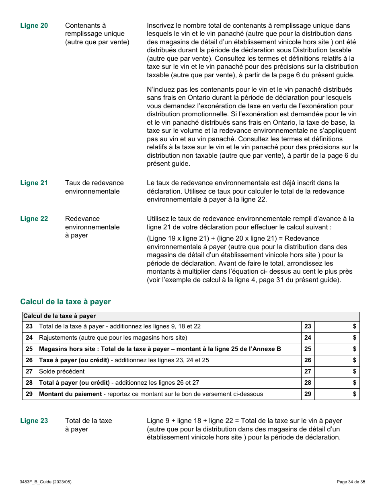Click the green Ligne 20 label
pyautogui.click(x=34, y=26)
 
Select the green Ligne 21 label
pyautogui.click(x=34, y=183)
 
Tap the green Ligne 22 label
pyautogui.click(x=34, y=219)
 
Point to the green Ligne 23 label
pyautogui.click(x=34, y=421)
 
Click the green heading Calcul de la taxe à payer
pyautogui.click(x=66, y=302)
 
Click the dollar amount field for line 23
pyautogui.click(x=337, y=327)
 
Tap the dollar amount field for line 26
pyautogui.click(x=337, y=361)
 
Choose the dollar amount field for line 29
pyautogui.click(x=337, y=394)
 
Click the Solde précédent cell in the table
pyautogui.click(x=62, y=372)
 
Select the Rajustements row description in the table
pyautogui.click(x=113, y=338)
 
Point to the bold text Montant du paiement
pyautogui.click(x=70, y=394)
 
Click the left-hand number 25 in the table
pyautogui.click(x=29, y=349)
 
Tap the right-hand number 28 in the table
pyautogui.click(x=308, y=383)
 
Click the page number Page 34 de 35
pyautogui.click(x=351, y=482)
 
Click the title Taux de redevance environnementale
pyautogui.click(x=94, y=187)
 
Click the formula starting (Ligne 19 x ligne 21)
pyautogui.click(x=233, y=239)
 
